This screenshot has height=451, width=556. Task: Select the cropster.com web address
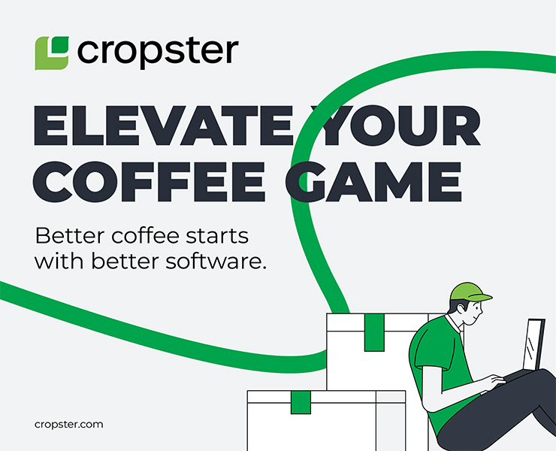pos(68,425)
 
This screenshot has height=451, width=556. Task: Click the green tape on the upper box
pos(374,332)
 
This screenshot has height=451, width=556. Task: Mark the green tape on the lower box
pos(301,402)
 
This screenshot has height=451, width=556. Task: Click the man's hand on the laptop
pos(496,381)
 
